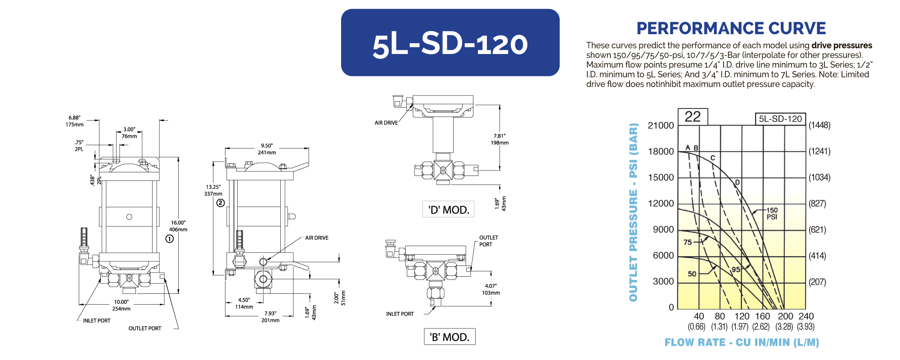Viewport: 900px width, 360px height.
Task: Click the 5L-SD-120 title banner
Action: (450, 43)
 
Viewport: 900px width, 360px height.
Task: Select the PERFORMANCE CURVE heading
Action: (731, 28)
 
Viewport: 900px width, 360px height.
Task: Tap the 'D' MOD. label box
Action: (448, 209)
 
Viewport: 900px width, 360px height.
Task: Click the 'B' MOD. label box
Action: (450, 337)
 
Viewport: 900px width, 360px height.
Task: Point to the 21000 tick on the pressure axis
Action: (661, 126)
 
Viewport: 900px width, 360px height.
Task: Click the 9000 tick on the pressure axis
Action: (663, 229)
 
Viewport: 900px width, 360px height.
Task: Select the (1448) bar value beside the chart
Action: (819, 125)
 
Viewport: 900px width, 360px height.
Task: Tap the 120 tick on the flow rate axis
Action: (742, 316)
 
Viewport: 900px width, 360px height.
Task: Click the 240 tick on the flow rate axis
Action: (806, 316)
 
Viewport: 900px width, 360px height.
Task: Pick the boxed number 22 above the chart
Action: (693, 117)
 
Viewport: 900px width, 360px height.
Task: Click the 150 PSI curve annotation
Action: (772, 213)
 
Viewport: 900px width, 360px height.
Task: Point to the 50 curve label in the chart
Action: (692, 274)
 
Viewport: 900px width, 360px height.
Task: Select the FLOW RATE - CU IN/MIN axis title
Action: (742, 342)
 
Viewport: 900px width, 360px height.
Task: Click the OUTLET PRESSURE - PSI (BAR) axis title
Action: (633, 212)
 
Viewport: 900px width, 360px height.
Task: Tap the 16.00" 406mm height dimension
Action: (178, 226)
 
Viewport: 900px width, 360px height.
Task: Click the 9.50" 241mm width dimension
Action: (267, 149)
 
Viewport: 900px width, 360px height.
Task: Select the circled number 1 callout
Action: (170, 239)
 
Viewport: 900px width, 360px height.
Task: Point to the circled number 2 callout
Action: (220, 203)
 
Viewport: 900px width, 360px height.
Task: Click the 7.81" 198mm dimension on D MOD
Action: (499, 139)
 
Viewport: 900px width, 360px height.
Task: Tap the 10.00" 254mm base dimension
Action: (121, 305)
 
